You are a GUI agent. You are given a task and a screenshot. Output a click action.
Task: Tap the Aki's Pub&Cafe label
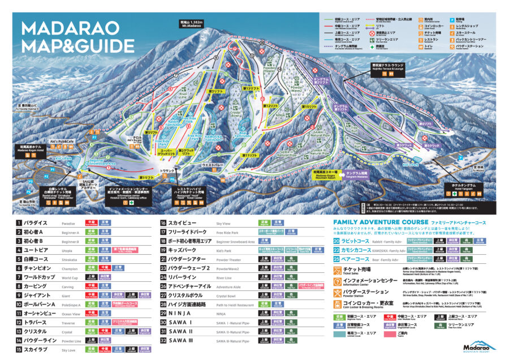[x=62, y=141]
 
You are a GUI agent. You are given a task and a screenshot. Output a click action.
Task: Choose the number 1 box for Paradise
[x=19, y=223]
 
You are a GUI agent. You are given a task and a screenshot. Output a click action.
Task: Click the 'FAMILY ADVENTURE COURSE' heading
[x=382, y=222]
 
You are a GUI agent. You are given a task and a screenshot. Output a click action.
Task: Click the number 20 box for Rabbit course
[x=337, y=241]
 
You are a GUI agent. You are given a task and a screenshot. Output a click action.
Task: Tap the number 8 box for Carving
[x=19, y=286]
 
